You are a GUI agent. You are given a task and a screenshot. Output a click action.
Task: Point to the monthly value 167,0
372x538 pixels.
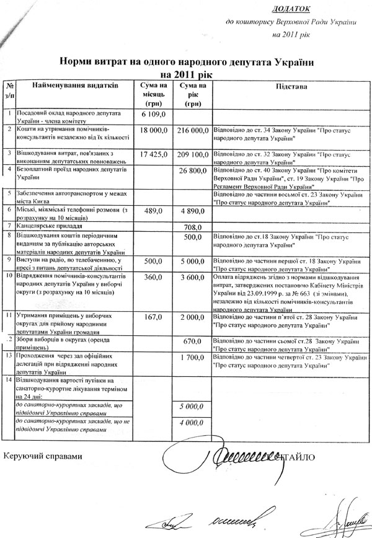click(x=152, y=317)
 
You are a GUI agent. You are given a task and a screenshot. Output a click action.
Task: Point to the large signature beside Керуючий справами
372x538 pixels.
click(x=242, y=459)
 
